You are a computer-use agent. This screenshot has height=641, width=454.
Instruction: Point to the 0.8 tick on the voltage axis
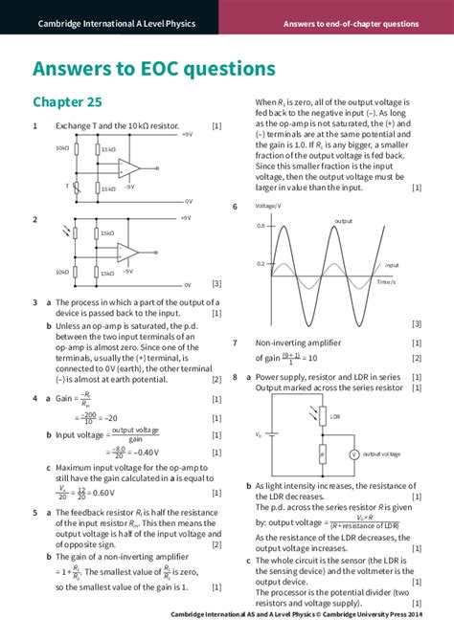tap(261, 226)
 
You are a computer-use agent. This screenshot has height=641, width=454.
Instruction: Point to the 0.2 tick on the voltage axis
tap(261, 263)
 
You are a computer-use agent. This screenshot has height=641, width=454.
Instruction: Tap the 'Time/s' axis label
tap(386, 282)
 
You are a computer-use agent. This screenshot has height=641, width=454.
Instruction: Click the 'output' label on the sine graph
tap(343, 221)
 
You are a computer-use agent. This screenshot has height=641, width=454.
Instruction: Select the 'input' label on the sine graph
tap(391, 265)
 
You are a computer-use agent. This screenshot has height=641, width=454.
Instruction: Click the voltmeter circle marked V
tap(352, 454)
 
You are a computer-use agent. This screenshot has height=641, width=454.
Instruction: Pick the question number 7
tap(235, 343)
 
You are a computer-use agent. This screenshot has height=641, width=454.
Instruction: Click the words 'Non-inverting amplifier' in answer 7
tap(298, 343)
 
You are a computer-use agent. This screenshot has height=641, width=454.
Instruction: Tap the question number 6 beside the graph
tap(235, 207)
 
